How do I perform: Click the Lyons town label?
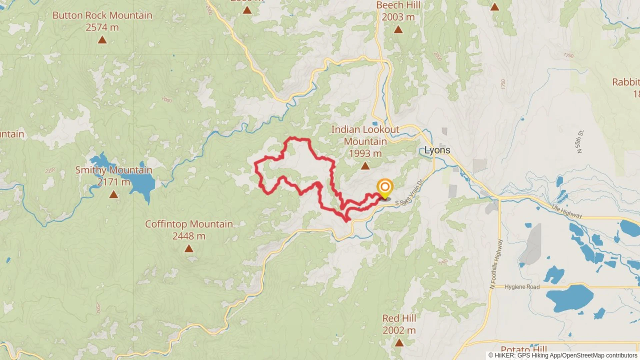click(437, 150)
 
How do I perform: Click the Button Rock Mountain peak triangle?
click(102, 40)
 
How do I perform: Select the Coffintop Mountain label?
click(189, 224)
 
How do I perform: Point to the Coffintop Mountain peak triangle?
click(189, 248)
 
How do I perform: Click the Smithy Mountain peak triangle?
click(113, 194)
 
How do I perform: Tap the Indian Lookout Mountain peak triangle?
click(365, 166)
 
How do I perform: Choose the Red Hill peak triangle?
click(399, 342)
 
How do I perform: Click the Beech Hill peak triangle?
click(398, 30)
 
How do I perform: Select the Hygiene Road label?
click(522, 287)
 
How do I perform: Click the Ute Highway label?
click(567, 211)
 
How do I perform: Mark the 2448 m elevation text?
click(189, 236)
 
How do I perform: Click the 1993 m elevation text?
click(365, 154)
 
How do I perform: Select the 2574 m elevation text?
click(102, 27)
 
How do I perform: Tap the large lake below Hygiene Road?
click(569, 298)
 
